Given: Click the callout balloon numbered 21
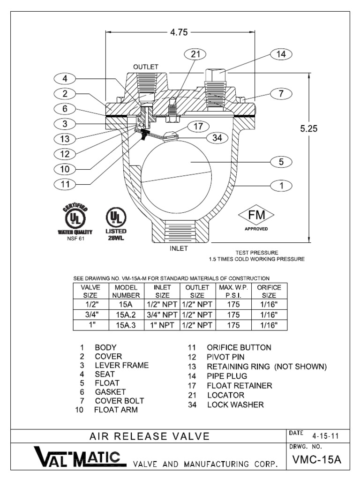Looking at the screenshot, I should click(x=195, y=54).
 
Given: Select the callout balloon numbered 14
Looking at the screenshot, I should click(x=281, y=54).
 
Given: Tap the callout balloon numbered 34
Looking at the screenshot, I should click(x=217, y=138).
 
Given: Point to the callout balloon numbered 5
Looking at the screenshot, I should click(x=281, y=162).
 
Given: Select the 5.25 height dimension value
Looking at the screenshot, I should click(x=309, y=128).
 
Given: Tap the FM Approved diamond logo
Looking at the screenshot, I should click(x=256, y=218).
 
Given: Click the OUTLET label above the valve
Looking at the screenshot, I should click(x=146, y=67).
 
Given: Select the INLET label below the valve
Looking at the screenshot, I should click(x=179, y=248).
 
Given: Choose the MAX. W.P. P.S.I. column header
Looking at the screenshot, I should click(x=233, y=292).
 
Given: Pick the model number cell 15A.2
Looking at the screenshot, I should click(x=126, y=315).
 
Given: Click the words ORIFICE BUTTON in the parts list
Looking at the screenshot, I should click(x=239, y=347).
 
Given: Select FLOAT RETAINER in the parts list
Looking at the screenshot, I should click(x=240, y=386).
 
